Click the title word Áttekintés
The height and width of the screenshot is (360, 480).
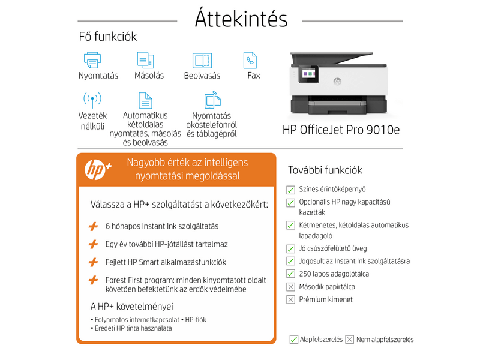pos(241,19)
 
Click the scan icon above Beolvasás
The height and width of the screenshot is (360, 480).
pos(202,61)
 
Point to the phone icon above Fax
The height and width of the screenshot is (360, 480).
pos(250,60)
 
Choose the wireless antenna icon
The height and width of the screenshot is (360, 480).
pos(92,100)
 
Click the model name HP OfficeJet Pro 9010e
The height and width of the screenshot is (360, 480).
pos(341,130)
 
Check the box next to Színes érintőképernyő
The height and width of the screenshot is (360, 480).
pos(291,189)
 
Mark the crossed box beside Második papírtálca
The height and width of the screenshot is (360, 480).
pos(291,287)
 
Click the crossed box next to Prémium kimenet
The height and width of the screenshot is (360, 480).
pos(291,299)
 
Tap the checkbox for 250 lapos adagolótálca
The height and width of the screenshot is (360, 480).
pos(291,274)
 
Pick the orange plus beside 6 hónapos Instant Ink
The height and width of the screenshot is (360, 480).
pos(93,226)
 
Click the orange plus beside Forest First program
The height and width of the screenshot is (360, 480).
pos(93,280)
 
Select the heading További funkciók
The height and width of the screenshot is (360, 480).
pos(325,170)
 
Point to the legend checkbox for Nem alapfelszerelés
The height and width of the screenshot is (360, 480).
pos(350,340)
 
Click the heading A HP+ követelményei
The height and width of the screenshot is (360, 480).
pos(131,307)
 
